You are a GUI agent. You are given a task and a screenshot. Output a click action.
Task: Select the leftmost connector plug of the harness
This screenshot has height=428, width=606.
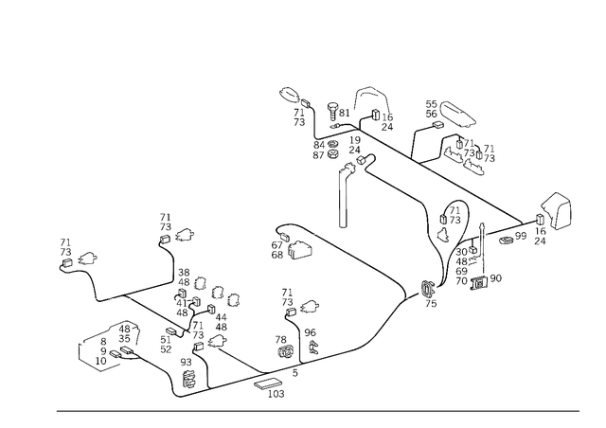(x=76, y=258)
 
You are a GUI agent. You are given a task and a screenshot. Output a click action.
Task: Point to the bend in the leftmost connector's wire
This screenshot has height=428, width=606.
(x=100, y=296)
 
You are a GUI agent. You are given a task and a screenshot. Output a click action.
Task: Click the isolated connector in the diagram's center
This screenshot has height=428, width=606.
(x=290, y=242)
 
